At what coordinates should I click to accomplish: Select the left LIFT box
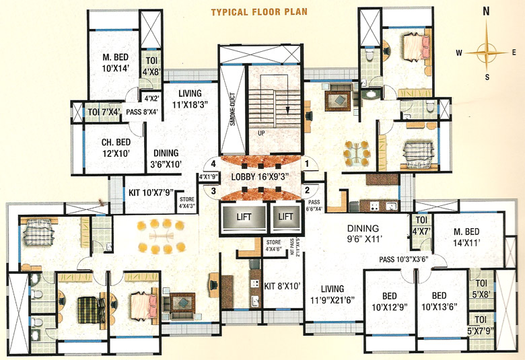click(x=242, y=217)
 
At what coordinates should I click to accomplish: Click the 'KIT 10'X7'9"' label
click(x=150, y=192)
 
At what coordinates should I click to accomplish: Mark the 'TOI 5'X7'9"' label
click(x=480, y=325)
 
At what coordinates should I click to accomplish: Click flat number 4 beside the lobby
click(x=212, y=163)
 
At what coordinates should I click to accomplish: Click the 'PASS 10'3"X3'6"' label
click(x=404, y=259)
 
